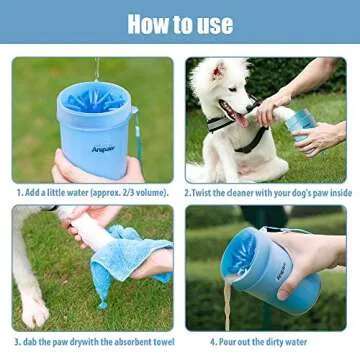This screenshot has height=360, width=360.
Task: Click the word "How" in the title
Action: [151, 23]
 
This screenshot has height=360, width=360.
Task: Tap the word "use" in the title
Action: [212, 24]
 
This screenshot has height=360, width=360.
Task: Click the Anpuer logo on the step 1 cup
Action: [104, 149]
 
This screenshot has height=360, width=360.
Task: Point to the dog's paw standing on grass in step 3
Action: [34, 312]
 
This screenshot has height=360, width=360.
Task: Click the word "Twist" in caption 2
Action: [205, 191]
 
